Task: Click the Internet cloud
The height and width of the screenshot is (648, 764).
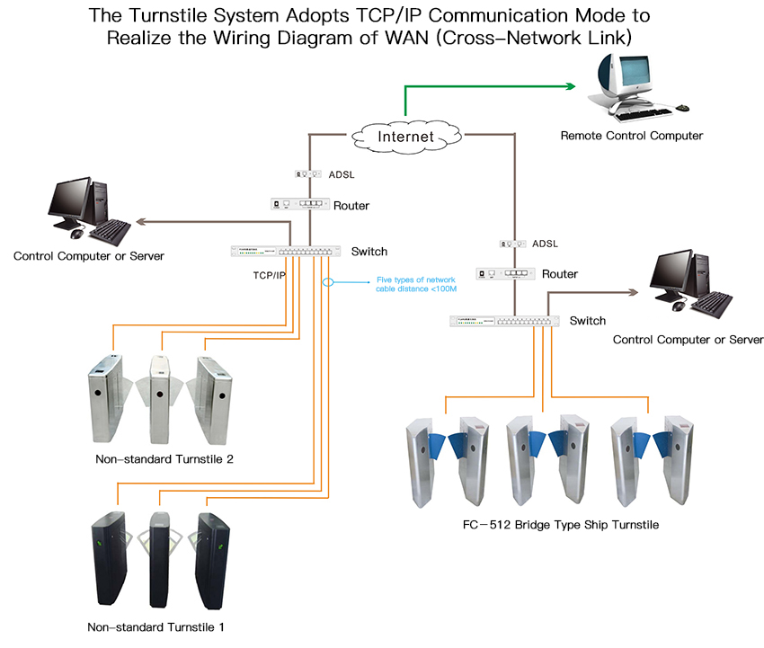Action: (x=405, y=137)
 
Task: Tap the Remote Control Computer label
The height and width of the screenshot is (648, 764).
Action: (x=631, y=136)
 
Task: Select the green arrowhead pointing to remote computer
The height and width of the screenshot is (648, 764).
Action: (x=570, y=86)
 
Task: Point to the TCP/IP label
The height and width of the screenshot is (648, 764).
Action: (x=269, y=275)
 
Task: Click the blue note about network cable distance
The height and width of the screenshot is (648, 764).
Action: (x=416, y=284)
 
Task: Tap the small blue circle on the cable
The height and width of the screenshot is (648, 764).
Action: (x=328, y=282)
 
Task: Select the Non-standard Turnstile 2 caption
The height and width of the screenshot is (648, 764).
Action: (x=164, y=459)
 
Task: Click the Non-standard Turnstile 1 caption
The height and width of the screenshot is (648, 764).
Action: (x=150, y=626)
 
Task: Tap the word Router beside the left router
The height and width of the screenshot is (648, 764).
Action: (x=351, y=206)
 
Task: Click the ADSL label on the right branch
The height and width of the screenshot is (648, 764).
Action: (x=545, y=244)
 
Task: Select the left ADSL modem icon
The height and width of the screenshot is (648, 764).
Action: (x=308, y=173)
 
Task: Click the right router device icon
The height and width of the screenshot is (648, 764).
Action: (x=513, y=273)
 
